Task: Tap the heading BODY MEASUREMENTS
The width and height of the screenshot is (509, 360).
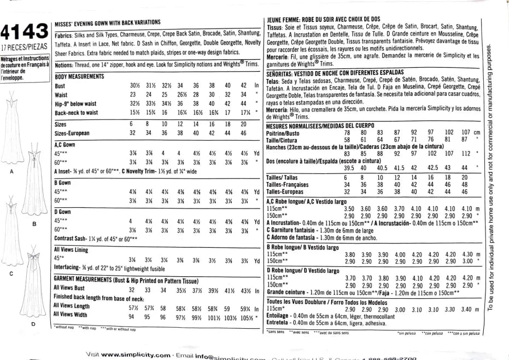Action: coord(79,76)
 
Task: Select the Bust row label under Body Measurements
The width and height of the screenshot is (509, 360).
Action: coord(60,86)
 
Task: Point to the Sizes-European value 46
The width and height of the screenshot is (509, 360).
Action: coord(243,132)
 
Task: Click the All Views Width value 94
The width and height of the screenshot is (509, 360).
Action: coord(131,316)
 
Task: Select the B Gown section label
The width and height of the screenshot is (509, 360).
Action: coord(63,182)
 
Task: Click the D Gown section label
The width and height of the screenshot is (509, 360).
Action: coord(63,211)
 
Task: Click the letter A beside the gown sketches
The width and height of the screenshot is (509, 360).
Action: coord(12,172)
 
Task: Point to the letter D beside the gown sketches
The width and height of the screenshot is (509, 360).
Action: coord(33,323)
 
